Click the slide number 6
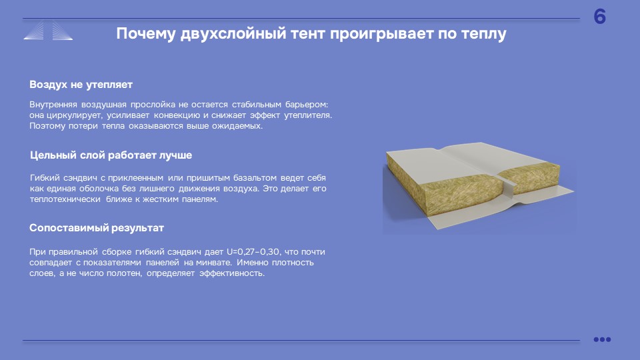(599, 17)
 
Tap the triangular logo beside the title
(48, 31)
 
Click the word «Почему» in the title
(146, 33)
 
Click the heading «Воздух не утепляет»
(81, 85)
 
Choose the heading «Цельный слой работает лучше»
(111, 155)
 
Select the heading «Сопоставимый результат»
(96, 228)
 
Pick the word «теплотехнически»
(65, 199)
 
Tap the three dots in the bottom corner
(602, 339)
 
